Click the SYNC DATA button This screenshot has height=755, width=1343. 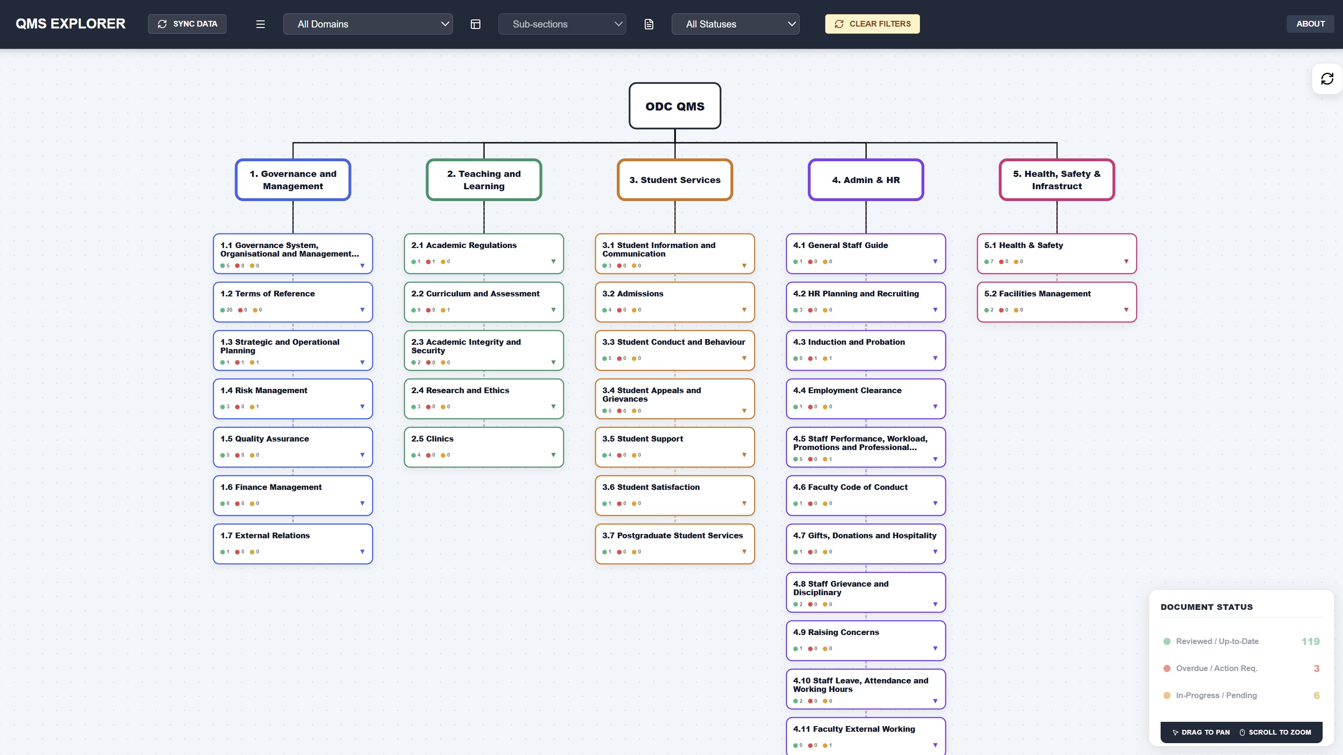(x=187, y=24)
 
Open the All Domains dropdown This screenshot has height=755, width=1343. (x=368, y=24)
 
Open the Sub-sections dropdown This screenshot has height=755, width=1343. (x=562, y=24)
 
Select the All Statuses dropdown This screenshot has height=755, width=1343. (x=735, y=24)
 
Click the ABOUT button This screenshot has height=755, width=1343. (x=1310, y=24)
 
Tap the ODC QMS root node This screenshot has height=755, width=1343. (x=675, y=106)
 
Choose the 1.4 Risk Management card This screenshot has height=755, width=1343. (x=293, y=399)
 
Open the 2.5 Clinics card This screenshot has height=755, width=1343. (x=484, y=447)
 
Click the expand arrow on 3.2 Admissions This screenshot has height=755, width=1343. (x=744, y=310)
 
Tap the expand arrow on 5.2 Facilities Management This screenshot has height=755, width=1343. (x=1126, y=310)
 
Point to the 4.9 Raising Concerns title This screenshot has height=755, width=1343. (x=836, y=632)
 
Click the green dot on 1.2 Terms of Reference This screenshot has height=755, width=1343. (x=223, y=310)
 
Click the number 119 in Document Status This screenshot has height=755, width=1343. (x=1310, y=641)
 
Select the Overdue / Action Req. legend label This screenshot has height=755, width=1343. (x=1217, y=668)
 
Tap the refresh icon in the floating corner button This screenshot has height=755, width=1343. (x=1327, y=79)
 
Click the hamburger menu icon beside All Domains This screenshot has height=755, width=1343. (x=261, y=24)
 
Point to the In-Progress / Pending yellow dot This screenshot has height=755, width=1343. (x=1167, y=696)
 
